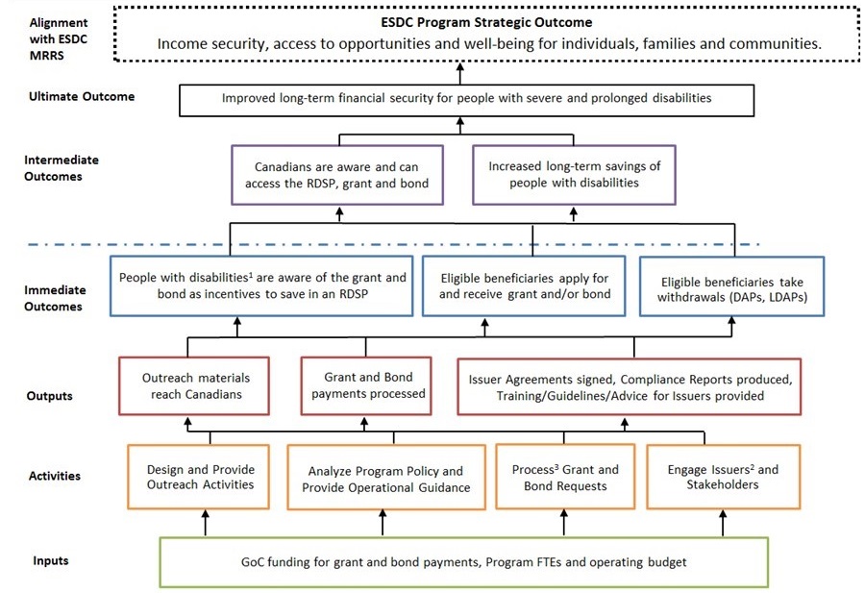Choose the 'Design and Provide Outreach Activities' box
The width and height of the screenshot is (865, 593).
(200, 477)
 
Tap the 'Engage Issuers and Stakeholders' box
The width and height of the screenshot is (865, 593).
(723, 477)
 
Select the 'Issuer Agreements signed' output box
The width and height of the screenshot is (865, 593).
(630, 386)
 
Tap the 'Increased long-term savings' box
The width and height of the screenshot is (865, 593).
(574, 174)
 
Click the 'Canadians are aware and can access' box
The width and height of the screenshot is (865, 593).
(336, 174)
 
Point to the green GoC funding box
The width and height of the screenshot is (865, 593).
(463, 561)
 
